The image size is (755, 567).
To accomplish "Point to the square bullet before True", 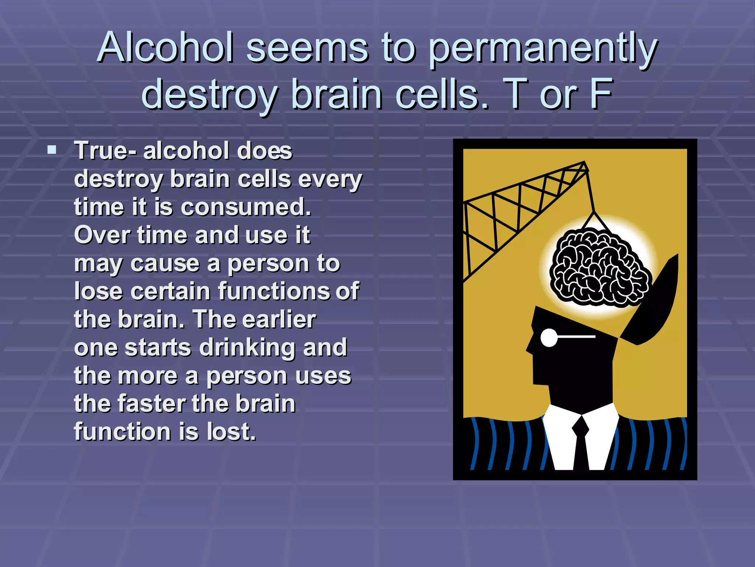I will [52, 150].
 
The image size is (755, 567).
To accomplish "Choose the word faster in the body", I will [153, 403].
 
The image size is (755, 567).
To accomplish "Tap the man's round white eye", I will [549, 337].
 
